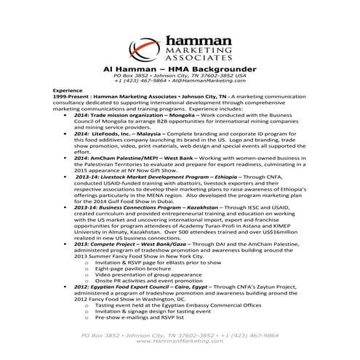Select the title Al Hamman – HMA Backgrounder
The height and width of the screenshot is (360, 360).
point(180,67)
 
